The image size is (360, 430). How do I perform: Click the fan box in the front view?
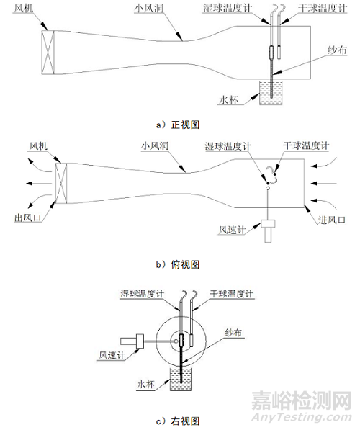point(48,52)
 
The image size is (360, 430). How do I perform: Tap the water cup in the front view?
point(271,92)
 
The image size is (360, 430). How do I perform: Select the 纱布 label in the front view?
point(337,50)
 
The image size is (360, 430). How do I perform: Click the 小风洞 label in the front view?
point(149,8)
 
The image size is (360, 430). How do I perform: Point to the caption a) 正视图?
point(178,125)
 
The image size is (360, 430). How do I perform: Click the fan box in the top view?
point(61,183)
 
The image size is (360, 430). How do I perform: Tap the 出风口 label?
point(27,218)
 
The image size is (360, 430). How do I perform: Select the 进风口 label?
point(331,220)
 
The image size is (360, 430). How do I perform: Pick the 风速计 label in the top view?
point(232,230)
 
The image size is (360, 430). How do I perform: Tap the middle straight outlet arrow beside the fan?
point(39,183)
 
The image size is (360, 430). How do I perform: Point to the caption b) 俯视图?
point(178,264)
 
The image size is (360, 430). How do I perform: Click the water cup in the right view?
point(181,379)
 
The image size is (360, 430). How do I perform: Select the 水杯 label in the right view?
point(145,384)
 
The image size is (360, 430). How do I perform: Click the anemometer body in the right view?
point(132,341)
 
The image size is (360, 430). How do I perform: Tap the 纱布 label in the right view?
point(233,333)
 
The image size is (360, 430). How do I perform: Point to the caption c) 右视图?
point(178,421)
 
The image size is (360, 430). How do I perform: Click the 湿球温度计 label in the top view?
point(228,146)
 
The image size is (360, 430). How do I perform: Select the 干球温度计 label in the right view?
point(231,294)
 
